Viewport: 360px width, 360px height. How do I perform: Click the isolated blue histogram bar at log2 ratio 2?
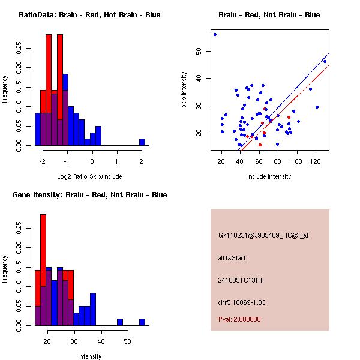point(142,142)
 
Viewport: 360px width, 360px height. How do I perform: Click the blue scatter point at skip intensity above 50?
point(215,34)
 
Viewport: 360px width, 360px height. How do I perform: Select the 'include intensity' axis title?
point(269,176)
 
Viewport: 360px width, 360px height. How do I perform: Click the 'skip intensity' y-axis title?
point(185,90)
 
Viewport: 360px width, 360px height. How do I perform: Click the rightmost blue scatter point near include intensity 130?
point(325,61)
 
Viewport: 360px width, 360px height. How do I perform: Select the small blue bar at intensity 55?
point(142,322)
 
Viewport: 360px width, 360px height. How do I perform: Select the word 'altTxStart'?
point(232,258)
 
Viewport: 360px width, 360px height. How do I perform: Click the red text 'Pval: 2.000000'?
point(239,319)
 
